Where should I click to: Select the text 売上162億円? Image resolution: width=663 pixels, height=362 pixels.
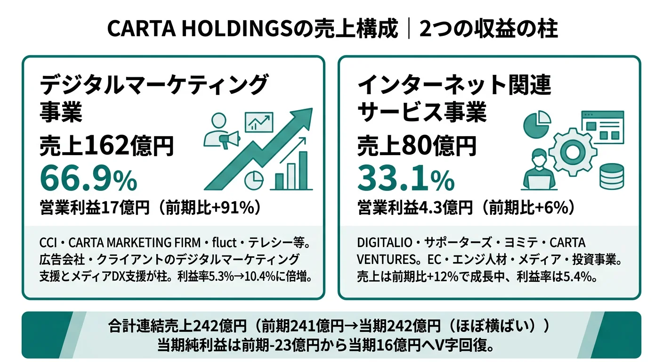(107, 146)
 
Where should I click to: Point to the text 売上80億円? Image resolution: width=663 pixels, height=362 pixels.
(417, 146)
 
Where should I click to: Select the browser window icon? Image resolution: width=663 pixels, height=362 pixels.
(602, 126)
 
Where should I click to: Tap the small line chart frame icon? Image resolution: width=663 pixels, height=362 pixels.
(259, 122)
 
